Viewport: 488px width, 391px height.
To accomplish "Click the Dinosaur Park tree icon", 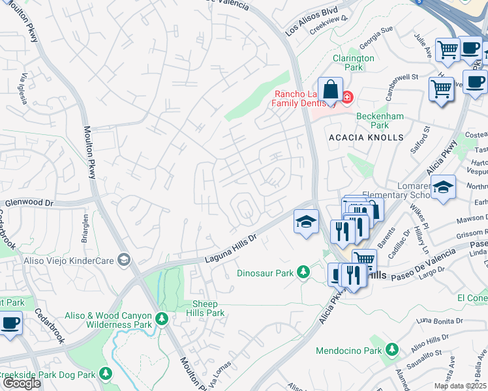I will pyautogui.click(x=303, y=272).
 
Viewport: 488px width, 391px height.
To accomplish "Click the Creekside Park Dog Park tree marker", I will pyautogui.click(x=104, y=374).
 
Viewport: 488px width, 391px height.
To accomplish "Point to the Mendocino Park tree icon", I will pyautogui.click(x=392, y=350).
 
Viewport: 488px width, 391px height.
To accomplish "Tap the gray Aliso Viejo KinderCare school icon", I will pyautogui.click(x=123, y=260).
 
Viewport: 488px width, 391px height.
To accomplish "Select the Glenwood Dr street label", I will pyautogui.click(x=29, y=203).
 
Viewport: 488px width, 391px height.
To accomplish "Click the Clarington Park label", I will pyautogui.click(x=353, y=63).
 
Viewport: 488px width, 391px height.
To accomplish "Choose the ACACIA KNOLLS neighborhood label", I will pyautogui.click(x=366, y=138).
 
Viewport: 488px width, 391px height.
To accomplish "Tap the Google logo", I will pyautogui.click(x=22, y=383).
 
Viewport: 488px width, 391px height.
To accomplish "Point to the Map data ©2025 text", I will pyautogui.click(x=461, y=386).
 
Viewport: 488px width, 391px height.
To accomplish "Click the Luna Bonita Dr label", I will pyautogui.click(x=440, y=321).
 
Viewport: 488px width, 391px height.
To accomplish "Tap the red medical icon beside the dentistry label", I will pyautogui.click(x=347, y=98).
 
